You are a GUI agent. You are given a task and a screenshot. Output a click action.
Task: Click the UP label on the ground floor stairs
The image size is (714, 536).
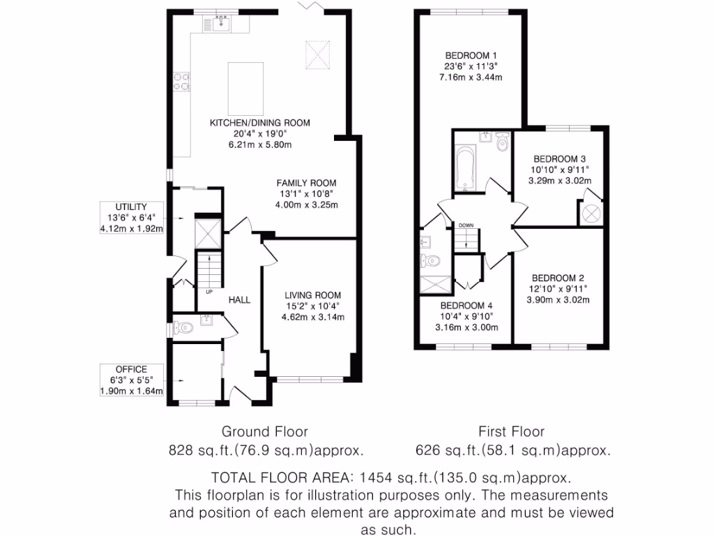(208, 291)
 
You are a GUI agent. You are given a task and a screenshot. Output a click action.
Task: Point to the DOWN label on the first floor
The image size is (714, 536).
(466, 225)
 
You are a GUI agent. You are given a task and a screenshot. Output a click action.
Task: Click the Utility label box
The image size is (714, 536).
(131, 218)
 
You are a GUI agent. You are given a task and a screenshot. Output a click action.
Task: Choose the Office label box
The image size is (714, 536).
(131, 380)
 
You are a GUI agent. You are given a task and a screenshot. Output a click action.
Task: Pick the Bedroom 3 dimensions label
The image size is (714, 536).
(560, 175)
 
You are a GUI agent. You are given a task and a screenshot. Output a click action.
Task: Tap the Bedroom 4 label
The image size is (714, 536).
(466, 306)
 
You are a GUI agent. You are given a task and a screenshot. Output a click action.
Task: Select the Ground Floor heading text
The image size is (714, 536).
(264, 431)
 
